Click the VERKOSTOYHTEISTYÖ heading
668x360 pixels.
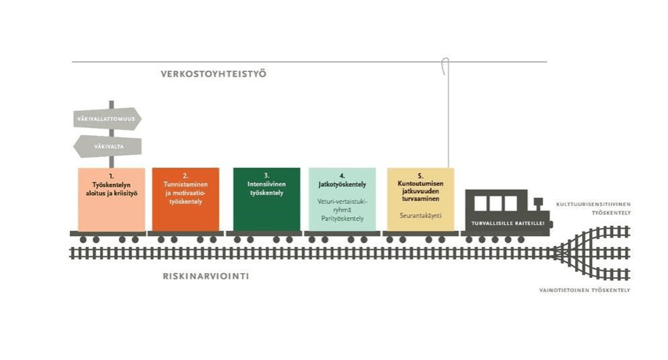(x=213, y=74)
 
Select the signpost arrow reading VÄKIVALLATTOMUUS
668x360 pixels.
(x=106, y=119)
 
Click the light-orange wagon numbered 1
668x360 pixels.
(x=111, y=200)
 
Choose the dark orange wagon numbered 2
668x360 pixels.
(x=186, y=200)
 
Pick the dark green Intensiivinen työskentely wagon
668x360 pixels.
(x=266, y=200)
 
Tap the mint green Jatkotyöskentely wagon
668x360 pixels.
(x=342, y=200)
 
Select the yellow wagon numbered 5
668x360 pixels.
(x=420, y=200)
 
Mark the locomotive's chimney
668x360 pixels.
(x=537, y=203)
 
